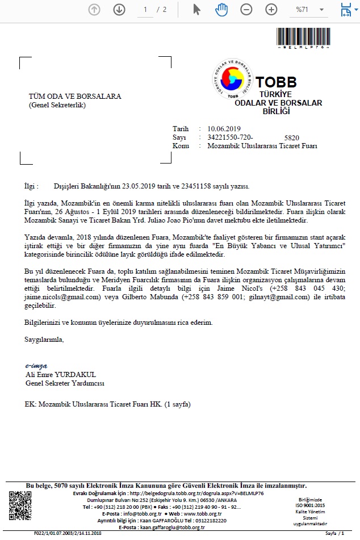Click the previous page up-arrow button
[94, 9]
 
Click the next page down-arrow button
[119, 9]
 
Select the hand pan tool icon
[221, 9]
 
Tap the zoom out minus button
[246, 9]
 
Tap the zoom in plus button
[271, 9]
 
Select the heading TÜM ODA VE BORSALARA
[75, 97]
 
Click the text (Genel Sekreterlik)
[57, 105]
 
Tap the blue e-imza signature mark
[36, 366]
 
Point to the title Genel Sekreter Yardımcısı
[65, 383]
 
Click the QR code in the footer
[20, 504]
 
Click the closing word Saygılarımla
[44, 340]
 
